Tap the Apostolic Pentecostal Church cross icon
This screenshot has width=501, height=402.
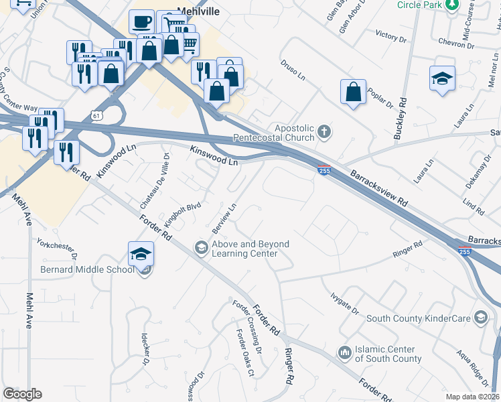click(324, 131)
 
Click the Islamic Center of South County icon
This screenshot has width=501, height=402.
click(344, 352)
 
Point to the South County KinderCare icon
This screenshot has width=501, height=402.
click(480, 316)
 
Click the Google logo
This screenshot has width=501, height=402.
click(23, 394)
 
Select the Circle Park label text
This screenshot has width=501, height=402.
click(420, 5)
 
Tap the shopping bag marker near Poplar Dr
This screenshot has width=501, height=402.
click(353, 92)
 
